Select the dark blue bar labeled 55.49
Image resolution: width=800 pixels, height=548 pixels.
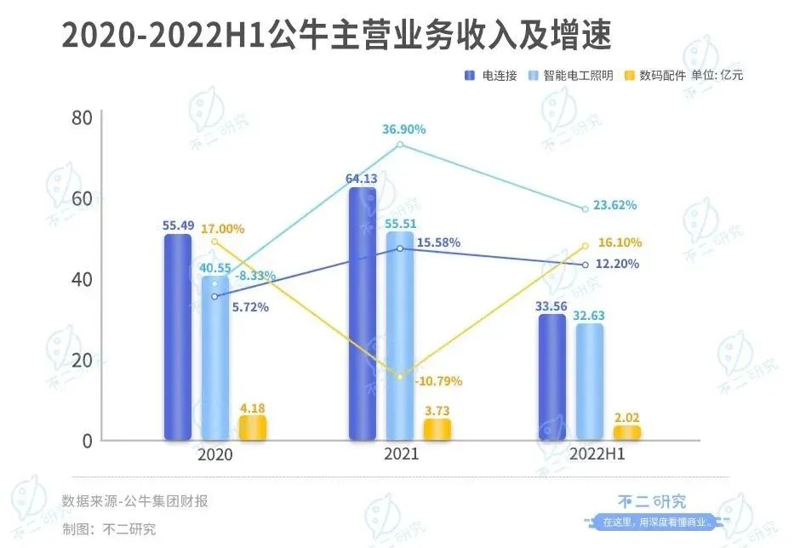pyautogui.click(x=177, y=337)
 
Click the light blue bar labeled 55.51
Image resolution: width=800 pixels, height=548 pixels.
pyautogui.click(x=399, y=336)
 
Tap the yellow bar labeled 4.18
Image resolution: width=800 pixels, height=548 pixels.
pyautogui.click(x=253, y=428)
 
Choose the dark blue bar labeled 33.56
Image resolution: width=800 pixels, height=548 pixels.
pyautogui.click(x=551, y=377)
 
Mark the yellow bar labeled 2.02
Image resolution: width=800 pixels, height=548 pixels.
pyautogui.click(x=626, y=433)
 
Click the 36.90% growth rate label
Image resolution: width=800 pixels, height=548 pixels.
pyautogui.click(x=404, y=129)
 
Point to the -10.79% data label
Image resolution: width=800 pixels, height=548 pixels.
pyautogui.click(x=438, y=381)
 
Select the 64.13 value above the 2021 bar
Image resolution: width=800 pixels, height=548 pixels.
pyautogui.click(x=363, y=178)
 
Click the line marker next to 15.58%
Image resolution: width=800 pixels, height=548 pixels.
pyautogui.click(x=400, y=248)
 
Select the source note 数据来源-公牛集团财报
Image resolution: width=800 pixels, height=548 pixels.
pyautogui.click(x=134, y=501)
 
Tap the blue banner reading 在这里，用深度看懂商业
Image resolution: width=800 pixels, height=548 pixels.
pyautogui.click(x=652, y=522)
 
